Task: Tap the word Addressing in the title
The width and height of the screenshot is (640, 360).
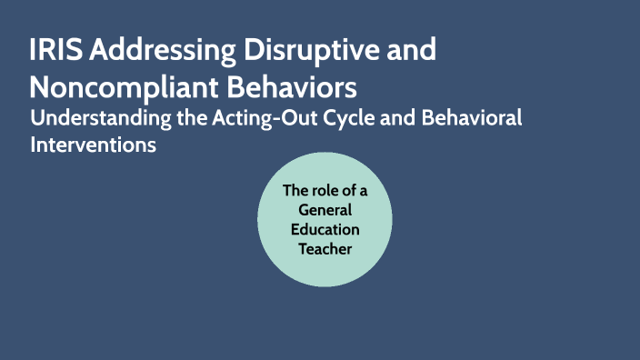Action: (x=155, y=52)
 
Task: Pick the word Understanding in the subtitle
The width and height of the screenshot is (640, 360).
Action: (x=93, y=118)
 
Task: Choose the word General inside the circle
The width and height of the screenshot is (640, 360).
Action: (x=325, y=210)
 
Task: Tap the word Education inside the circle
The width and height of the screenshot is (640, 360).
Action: (x=325, y=229)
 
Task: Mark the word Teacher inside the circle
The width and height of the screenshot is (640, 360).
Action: (x=325, y=248)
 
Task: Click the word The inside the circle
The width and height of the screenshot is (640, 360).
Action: (x=297, y=191)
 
